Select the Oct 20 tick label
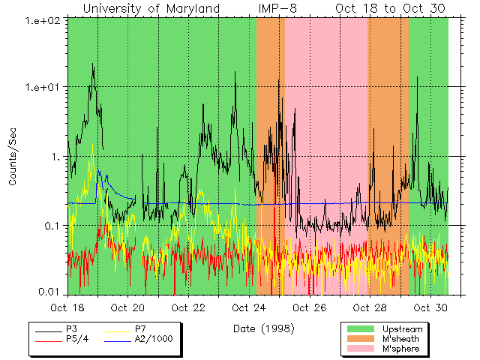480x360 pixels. [x=127, y=307]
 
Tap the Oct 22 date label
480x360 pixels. [x=188, y=307]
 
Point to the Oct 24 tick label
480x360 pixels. [x=249, y=307]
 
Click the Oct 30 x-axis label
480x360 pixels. [x=430, y=307]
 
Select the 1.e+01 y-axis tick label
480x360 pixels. [x=43, y=87]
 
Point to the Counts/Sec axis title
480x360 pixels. [x=13, y=157]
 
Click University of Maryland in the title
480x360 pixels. [x=151, y=8]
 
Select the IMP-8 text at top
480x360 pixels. [x=277, y=8]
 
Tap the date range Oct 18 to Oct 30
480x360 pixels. [x=390, y=8]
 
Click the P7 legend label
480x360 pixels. [x=142, y=329]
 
